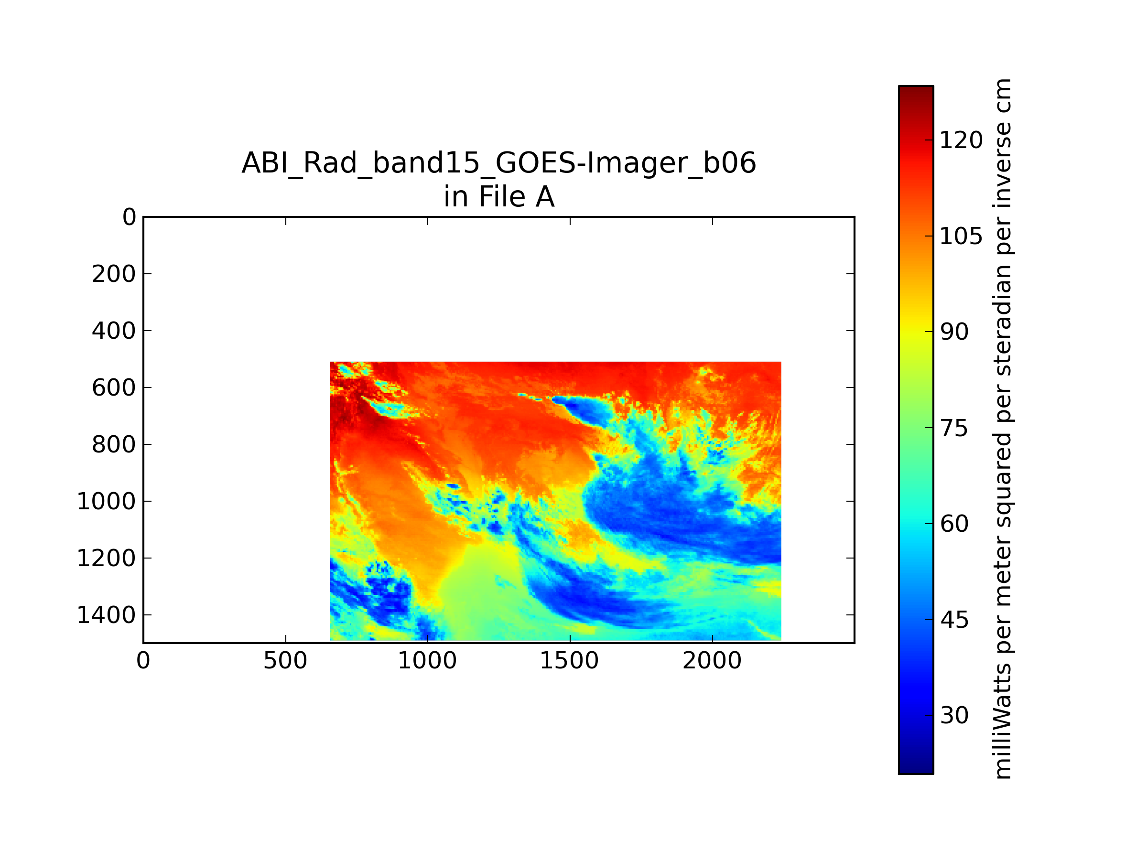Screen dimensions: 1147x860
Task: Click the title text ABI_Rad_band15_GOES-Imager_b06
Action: pyautogui.click(x=499, y=163)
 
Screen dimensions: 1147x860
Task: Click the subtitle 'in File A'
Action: pyautogui.click(x=499, y=197)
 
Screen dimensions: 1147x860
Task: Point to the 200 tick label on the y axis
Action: pyautogui.click(x=114, y=274)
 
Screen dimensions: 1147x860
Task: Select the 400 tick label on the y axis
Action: pyautogui.click(x=114, y=331)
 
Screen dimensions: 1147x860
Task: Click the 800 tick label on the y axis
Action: pyautogui.click(x=114, y=444)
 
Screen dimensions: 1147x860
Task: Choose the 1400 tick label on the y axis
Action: pyautogui.click(x=106, y=615)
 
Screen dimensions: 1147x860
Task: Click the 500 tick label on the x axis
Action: pyautogui.click(x=285, y=661)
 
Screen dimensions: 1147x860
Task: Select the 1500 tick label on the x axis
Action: pyautogui.click(x=569, y=661)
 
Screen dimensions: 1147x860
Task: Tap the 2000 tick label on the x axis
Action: pyautogui.click(x=712, y=661)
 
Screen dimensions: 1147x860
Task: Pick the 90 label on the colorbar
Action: pyautogui.click(x=954, y=332)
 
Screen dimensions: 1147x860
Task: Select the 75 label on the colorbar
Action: pyautogui.click(x=954, y=428)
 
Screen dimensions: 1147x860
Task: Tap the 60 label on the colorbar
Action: pyautogui.click(x=954, y=524)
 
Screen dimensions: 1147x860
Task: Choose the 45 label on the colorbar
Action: pyautogui.click(x=954, y=620)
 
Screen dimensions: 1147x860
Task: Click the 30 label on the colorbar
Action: pyautogui.click(x=954, y=715)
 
